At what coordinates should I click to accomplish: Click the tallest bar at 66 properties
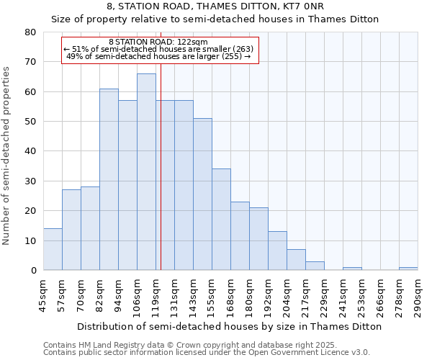(x=146, y=172)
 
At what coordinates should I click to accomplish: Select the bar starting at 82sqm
(x=109, y=179)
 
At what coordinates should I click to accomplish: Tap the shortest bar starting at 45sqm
(x=53, y=249)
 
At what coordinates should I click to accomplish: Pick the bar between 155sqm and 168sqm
(x=221, y=220)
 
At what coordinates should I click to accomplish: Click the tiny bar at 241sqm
(x=352, y=269)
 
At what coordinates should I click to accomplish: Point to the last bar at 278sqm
(x=408, y=269)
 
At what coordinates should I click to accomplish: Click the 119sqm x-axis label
(x=156, y=294)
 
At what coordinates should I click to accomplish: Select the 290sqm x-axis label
(x=418, y=294)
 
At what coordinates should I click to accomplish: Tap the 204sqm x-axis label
(x=287, y=294)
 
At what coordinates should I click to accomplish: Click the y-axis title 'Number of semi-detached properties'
(x=7, y=156)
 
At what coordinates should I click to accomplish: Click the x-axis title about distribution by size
(x=229, y=326)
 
